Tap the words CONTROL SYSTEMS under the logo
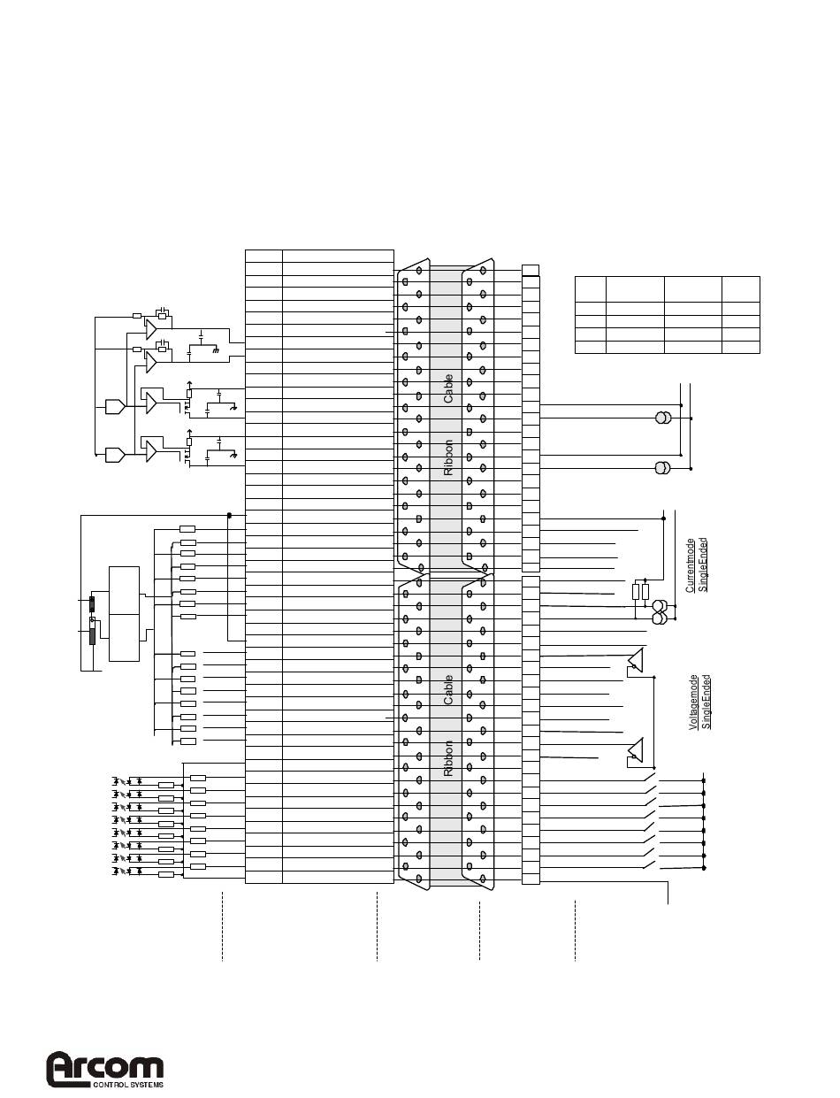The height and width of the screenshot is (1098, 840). pyautogui.click(x=129, y=1085)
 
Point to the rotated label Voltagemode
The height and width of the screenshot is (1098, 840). pyautogui.click(x=694, y=702)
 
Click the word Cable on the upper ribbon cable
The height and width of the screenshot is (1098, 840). pyautogui.click(x=448, y=388)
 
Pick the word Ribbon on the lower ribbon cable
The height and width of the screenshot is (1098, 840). pyautogui.click(x=448, y=758)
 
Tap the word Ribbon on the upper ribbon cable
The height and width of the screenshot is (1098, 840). pyautogui.click(x=448, y=457)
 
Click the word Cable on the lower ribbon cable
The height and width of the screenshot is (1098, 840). pyautogui.click(x=448, y=688)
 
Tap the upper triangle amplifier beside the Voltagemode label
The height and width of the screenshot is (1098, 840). pyautogui.click(x=635, y=661)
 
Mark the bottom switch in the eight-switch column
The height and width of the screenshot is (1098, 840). pyautogui.click(x=652, y=867)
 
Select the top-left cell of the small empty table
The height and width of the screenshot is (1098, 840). pyautogui.click(x=590, y=288)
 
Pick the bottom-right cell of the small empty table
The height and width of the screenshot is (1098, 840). pyautogui.click(x=740, y=347)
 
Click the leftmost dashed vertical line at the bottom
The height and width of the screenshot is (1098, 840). pyautogui.click(x=221, y=925)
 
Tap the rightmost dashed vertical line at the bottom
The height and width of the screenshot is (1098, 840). pyautogui.click(x=575, y=929)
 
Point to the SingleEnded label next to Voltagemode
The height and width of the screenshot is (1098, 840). pyautogui.click(x=706, y=702)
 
